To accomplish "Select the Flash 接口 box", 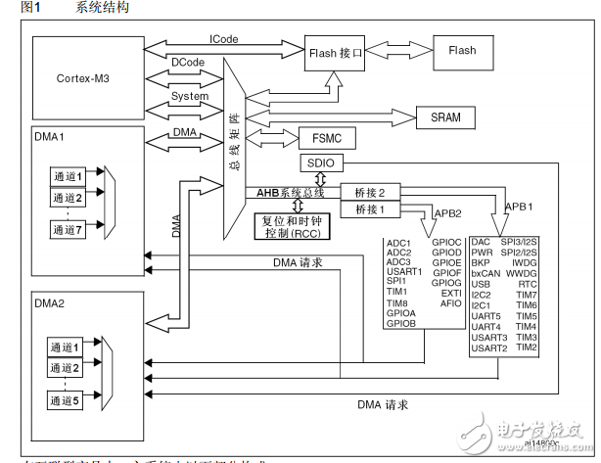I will click(335, 53).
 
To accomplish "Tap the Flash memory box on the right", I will click(462, 50).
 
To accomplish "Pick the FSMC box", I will click(326, 137).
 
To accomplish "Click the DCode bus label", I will click(188, 62).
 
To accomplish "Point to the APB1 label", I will click(522, 208).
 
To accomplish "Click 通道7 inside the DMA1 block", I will click(69, 230).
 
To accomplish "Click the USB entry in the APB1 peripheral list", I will click(480, 283).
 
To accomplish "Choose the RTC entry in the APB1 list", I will click(528, 283).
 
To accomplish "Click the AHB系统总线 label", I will click(291, 193).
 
